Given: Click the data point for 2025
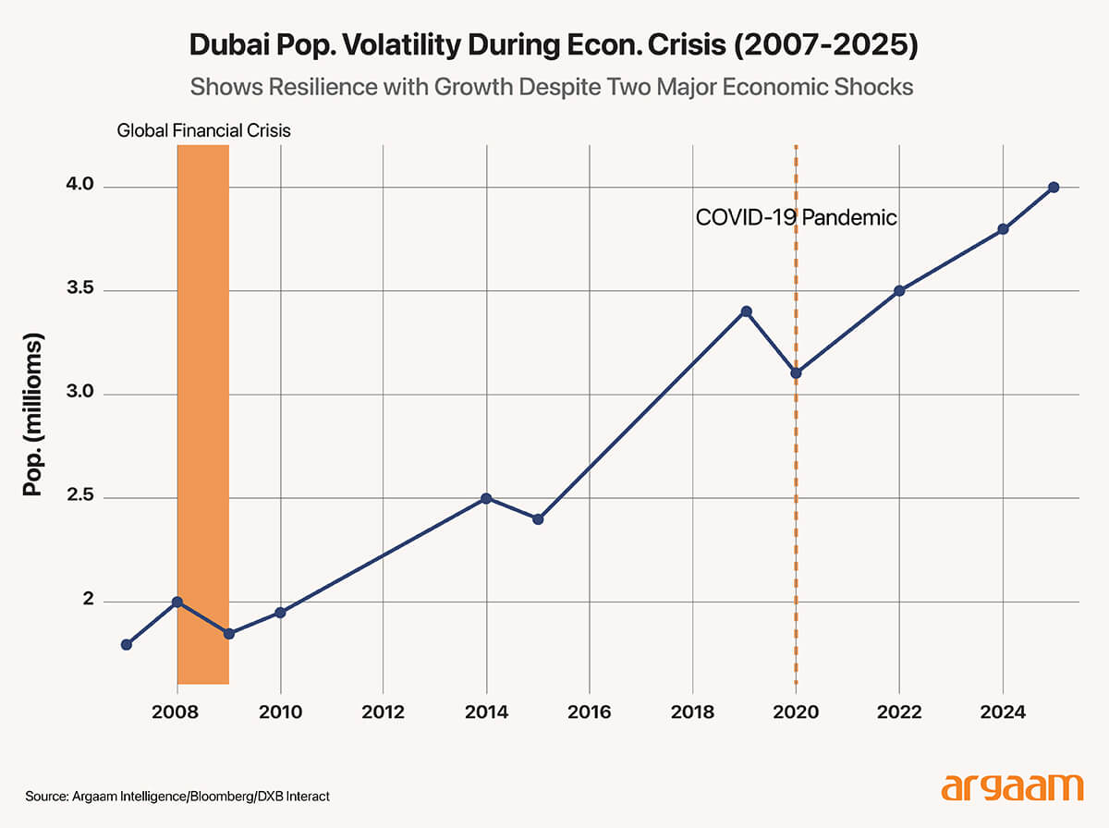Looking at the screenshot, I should point(1054,188).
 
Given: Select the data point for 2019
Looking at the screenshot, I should point(746,311).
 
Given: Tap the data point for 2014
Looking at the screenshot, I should point(487,498).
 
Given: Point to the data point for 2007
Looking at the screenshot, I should point(127,644).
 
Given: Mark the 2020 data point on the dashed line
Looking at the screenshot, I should point(796,373).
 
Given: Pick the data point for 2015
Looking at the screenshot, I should point(538,518).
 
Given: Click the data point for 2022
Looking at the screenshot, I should point(899,291).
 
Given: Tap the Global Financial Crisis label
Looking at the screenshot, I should point(203,130).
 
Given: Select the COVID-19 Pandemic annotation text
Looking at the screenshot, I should point(796,219).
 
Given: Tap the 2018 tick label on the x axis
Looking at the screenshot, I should point(693,712).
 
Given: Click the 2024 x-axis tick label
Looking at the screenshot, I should point(1002,712).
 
